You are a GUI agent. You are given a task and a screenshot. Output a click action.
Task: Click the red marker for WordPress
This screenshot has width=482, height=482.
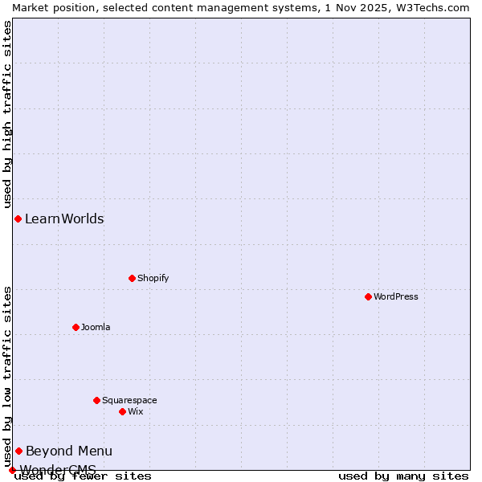coord(368,296)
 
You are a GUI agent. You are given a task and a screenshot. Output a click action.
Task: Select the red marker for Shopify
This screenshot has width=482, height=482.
coord(132,278)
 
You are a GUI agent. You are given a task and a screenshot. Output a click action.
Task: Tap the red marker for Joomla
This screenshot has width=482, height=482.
coord(76,327)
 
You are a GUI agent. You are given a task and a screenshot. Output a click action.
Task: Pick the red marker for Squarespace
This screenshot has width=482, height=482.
coord(96,400)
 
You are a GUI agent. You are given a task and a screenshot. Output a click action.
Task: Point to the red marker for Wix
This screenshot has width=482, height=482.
coord(122,411)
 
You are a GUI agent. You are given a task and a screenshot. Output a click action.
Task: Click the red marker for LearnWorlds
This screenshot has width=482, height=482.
coord(18,219)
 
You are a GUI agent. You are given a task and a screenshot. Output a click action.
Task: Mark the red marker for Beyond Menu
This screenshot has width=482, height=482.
coord(18,451)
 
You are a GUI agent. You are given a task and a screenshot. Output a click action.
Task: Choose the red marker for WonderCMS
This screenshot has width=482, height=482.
coord(12,470)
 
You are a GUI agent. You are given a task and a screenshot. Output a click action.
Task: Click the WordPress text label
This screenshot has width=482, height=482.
coord(396,296)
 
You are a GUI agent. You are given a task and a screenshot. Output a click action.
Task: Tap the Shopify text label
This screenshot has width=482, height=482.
coord(153,278)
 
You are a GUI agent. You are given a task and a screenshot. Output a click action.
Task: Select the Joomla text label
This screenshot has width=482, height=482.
coord(96,327)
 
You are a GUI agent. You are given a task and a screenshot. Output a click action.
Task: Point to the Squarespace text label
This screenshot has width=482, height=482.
coord(129,400)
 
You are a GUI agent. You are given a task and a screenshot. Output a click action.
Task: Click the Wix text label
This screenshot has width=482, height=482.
coord(135,411)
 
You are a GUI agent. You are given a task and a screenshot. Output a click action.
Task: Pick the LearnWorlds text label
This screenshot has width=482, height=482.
coord(64,219)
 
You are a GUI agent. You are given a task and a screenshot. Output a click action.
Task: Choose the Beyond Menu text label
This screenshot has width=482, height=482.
coord(69,451)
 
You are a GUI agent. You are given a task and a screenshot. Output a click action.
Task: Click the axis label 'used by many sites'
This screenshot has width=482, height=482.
coord(403,476)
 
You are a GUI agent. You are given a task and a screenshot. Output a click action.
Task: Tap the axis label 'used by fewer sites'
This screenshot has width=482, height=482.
coord(83,476)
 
